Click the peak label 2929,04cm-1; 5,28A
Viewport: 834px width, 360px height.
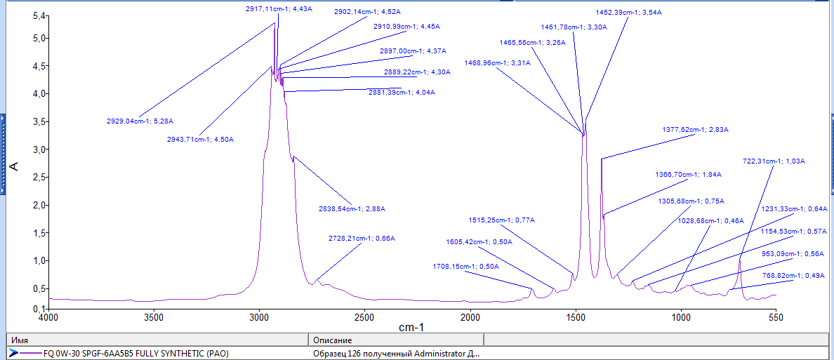click(x=140, y=121)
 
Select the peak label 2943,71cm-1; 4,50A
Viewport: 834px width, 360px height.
click(x=200, y=139)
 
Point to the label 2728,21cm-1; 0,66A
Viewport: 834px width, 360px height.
click(x=362, y=239)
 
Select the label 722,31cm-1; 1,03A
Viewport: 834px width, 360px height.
click(x=774, y=161)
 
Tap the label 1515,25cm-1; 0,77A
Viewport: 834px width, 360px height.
click(x=502, y=220)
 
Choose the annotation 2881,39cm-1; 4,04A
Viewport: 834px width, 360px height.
click(x=402, y=93)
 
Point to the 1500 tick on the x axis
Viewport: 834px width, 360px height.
click(x=576, y=316)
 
